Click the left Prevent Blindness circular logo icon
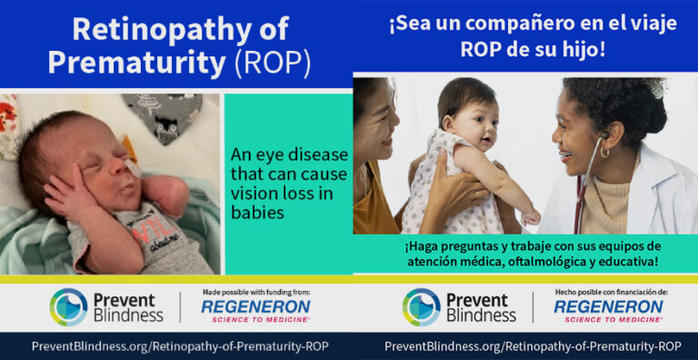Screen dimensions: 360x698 point(69,306)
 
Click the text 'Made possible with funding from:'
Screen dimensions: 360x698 point(257,292)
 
